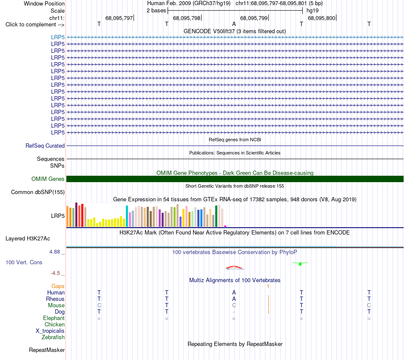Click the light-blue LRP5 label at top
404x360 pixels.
click(x=58, y=37)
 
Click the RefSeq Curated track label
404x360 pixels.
click(x=45, y=146)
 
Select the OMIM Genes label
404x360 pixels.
click(x=48, y=179)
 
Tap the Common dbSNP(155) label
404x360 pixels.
click(x=38, y=192)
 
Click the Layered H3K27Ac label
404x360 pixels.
click(x=28, y=239)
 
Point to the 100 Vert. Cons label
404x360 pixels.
click(x=24, y=262)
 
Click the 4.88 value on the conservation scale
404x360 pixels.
click(x=54, y=251)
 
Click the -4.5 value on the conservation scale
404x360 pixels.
click(x=55, y=273)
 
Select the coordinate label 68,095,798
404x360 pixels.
click(x=187, y=18)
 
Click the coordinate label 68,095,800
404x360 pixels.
click(x=321, y=18)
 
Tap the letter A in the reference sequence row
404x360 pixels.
click(x=234, y=24)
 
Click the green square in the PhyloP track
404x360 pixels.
click(x=300, y=264)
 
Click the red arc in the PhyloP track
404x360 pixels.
click(x=234, y=267)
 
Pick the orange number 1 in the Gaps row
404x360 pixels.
click(x=268, y=286)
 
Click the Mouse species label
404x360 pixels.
click(x=56, y=306)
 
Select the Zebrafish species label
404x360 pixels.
click(x=53, y=337)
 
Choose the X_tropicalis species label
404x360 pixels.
click(x=50, y=331)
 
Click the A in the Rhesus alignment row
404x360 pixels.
click(x=234, y=299)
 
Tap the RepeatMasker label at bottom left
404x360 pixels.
click(x=47, y=350)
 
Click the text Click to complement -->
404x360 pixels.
click(x=35, y=25)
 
